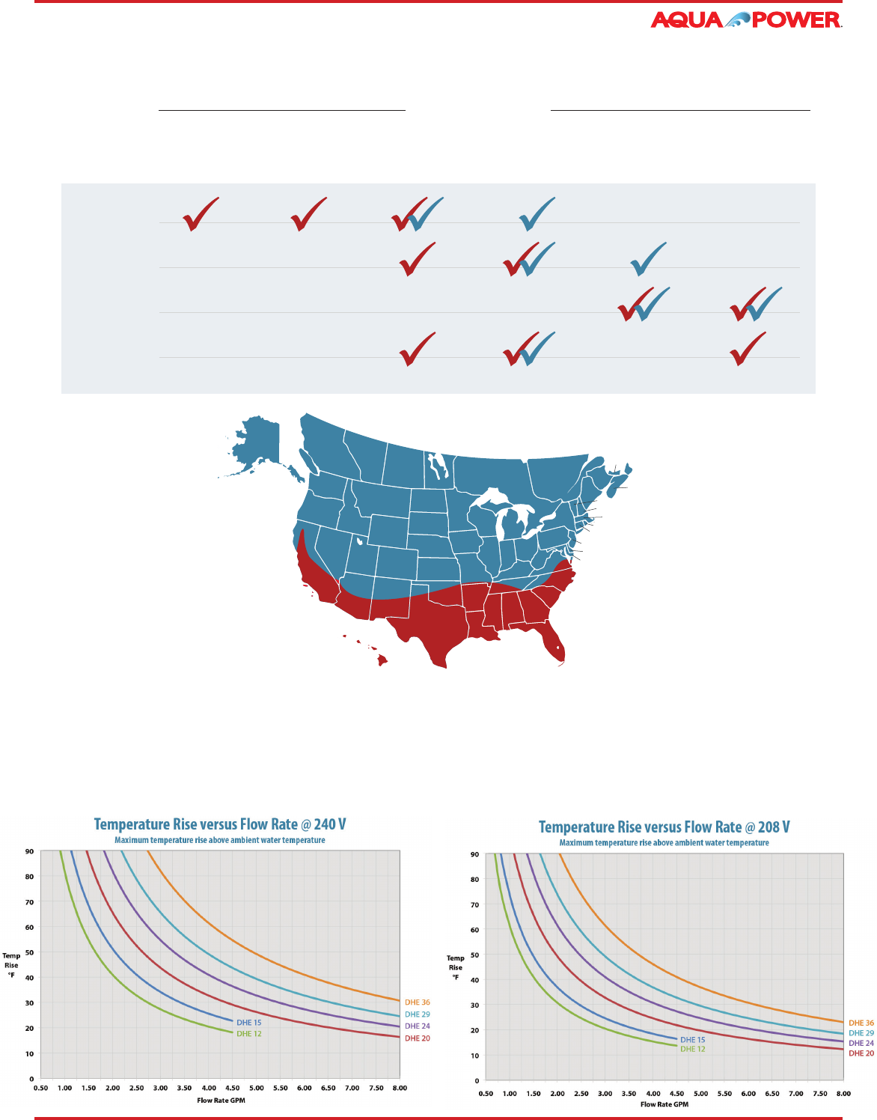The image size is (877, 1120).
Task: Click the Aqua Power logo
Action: (x=746, y=19)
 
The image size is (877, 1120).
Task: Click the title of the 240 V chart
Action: (x=220, y=824)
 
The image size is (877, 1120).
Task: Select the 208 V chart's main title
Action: (x=664, y=827)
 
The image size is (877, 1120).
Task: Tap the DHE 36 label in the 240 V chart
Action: (x=418, y=1002)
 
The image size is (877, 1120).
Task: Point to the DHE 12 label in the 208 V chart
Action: (x=692, y=1049)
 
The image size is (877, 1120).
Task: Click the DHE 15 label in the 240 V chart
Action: (x=249, y=1023)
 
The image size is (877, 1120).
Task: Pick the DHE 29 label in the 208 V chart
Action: (x=861, y=1033)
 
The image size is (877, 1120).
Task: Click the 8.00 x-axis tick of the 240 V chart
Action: (x=400, y=1088)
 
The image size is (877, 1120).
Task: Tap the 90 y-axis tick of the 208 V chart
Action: (x=474, y=854)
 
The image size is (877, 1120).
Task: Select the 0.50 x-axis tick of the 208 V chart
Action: (x=486, y=1094)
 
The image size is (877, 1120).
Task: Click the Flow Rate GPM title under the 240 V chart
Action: (x=221, y=1101)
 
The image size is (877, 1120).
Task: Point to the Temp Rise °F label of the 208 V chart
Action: (x=455, y=967)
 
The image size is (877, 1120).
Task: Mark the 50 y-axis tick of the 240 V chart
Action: (x=29, y=952)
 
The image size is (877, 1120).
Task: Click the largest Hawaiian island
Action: (x=382, y=660)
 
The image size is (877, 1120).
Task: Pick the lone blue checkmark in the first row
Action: (x=536, y=213)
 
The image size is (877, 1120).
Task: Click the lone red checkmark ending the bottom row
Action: (x=748, y=349)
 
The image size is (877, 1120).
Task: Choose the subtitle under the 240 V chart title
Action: (x=220, y=840)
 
